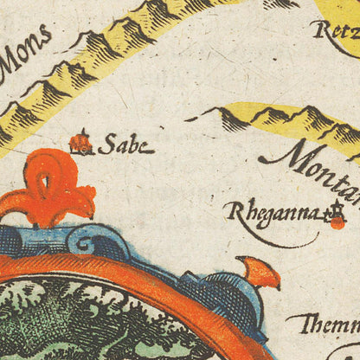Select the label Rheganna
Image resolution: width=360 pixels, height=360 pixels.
[x=271, y=211]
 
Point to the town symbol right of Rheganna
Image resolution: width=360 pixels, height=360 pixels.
[x=336, y=215]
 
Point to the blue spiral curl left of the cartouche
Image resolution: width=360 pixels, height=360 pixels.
[x=87, y=241]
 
